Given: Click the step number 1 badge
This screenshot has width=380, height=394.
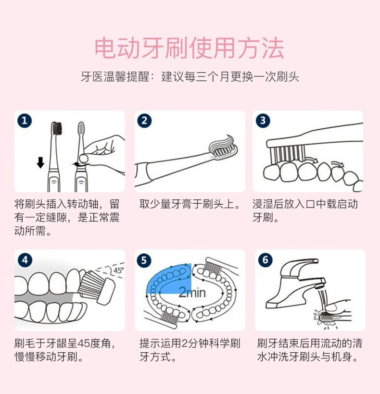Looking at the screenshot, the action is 25,121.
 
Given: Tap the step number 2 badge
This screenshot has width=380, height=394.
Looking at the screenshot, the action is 144,121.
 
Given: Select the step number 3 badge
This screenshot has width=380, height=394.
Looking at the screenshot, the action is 263,121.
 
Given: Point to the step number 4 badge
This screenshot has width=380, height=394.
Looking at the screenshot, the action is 25,260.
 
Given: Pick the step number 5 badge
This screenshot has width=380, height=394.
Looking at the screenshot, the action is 144,260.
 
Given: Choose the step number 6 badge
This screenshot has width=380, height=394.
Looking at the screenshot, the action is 266,260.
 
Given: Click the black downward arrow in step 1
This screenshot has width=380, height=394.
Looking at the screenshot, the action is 40,162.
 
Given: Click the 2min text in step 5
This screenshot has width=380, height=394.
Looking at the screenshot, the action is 192,293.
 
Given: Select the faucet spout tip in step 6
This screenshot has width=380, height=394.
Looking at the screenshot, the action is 320,286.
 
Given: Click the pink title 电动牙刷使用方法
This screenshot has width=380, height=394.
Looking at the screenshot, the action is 190,48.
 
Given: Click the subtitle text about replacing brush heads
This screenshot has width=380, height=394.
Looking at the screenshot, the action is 190,77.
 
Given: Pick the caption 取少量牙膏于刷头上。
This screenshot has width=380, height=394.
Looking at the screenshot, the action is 190,204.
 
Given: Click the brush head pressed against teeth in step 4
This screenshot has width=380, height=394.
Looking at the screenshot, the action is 96,286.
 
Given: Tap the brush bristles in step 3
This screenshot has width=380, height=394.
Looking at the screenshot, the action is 288,154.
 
